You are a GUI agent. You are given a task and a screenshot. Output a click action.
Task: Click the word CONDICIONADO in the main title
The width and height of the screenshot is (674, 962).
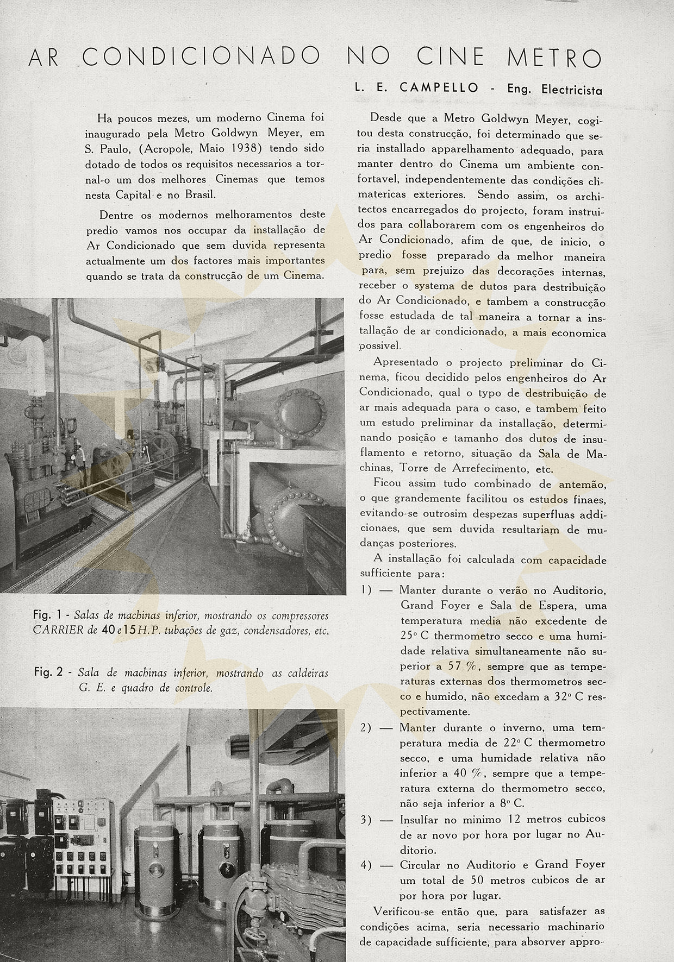201,57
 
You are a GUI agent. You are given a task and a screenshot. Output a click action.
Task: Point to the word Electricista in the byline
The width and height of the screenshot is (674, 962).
572,90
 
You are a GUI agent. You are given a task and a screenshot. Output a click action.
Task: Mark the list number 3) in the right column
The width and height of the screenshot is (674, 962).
366,819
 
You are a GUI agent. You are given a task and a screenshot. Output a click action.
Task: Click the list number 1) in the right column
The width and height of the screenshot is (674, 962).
366,590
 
